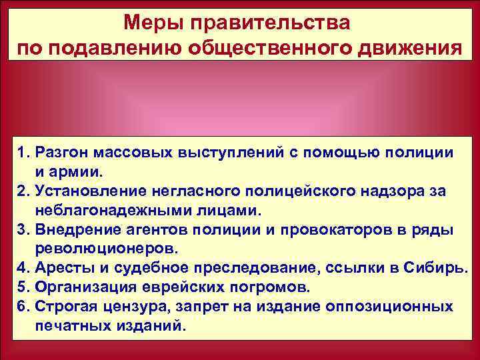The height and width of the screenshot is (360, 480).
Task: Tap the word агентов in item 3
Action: tap(166, 230)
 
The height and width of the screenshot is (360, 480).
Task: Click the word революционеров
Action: tap(111, 249)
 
